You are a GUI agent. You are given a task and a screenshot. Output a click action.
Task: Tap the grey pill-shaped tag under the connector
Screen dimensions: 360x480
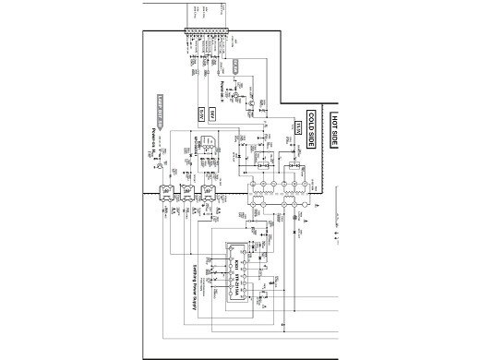pyautogui.click(x=237, y=66)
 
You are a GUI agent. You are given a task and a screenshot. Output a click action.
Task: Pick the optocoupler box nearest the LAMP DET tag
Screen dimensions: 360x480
pyautogui.click(x=167, y=196)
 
